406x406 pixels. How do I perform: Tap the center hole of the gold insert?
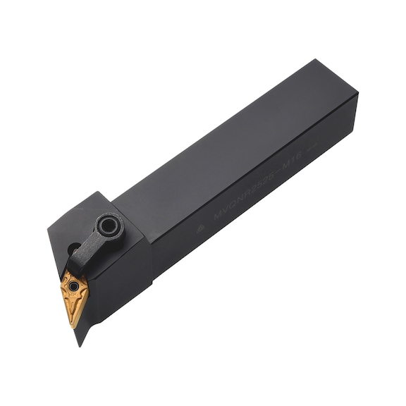click(74, 287)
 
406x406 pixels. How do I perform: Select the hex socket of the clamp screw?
click(110, 226)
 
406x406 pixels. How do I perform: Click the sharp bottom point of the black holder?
click(80, 345)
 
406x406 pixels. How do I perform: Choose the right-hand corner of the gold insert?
click(88, 285)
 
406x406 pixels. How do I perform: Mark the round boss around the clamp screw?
click(110, 226)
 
